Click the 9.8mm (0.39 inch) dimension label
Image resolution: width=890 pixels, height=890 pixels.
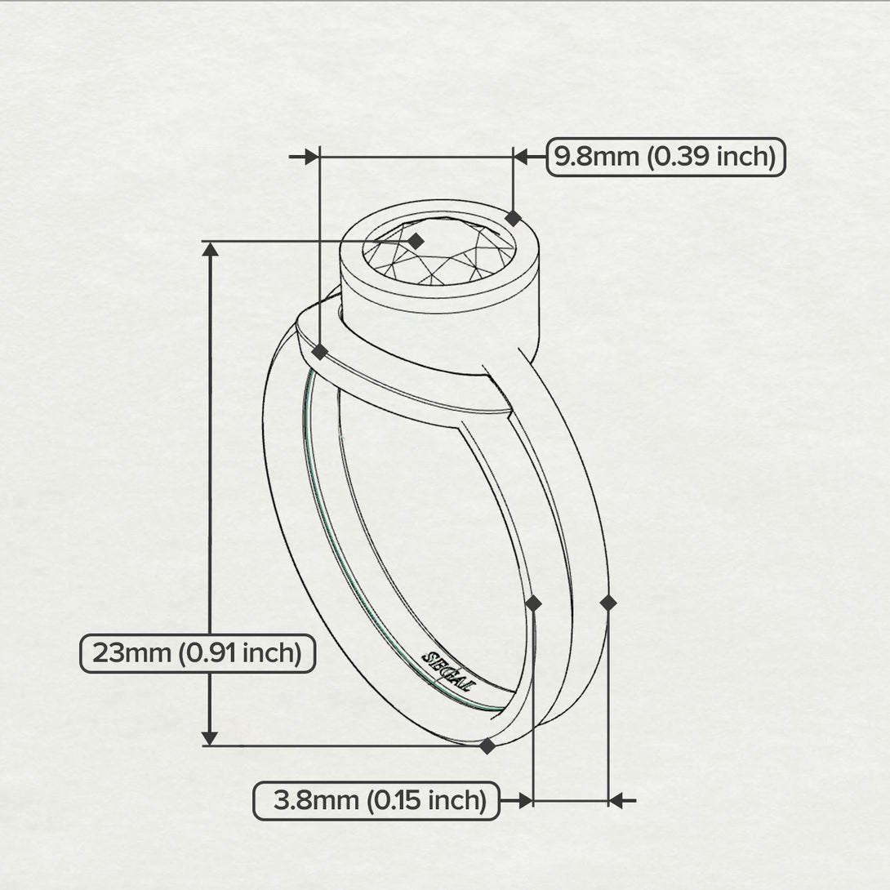pos(665,157)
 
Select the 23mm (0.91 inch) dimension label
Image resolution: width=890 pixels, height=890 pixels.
pos(197,653)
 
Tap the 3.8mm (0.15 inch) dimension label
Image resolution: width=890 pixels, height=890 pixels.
pos(376,800)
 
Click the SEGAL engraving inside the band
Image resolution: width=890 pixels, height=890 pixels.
pos(447,671)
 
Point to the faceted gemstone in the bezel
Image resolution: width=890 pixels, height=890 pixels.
pos(439,251)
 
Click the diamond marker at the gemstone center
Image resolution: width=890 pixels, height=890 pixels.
pos(416,241)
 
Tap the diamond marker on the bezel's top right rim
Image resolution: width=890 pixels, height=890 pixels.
pos(513,218)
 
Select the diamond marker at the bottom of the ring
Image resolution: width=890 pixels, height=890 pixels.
pos(487,745)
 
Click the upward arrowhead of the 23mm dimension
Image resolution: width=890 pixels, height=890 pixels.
pos(210,250)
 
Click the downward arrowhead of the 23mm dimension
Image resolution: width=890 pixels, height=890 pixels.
pos(210,737)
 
